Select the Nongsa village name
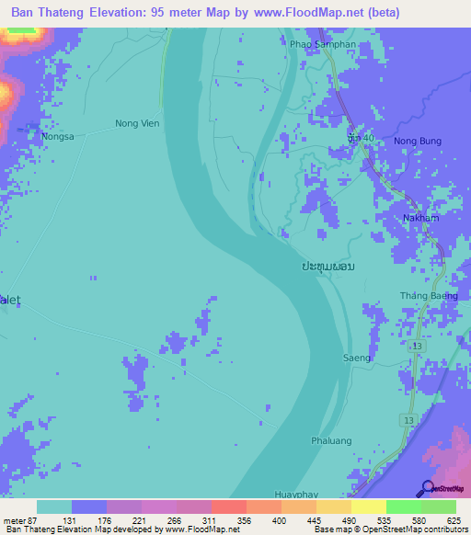pyautogui.click(x=56, y=136)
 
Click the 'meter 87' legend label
pyautogui.click(x=19, y=519)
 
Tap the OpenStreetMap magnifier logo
pyautogui.click(x=427, y=487)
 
